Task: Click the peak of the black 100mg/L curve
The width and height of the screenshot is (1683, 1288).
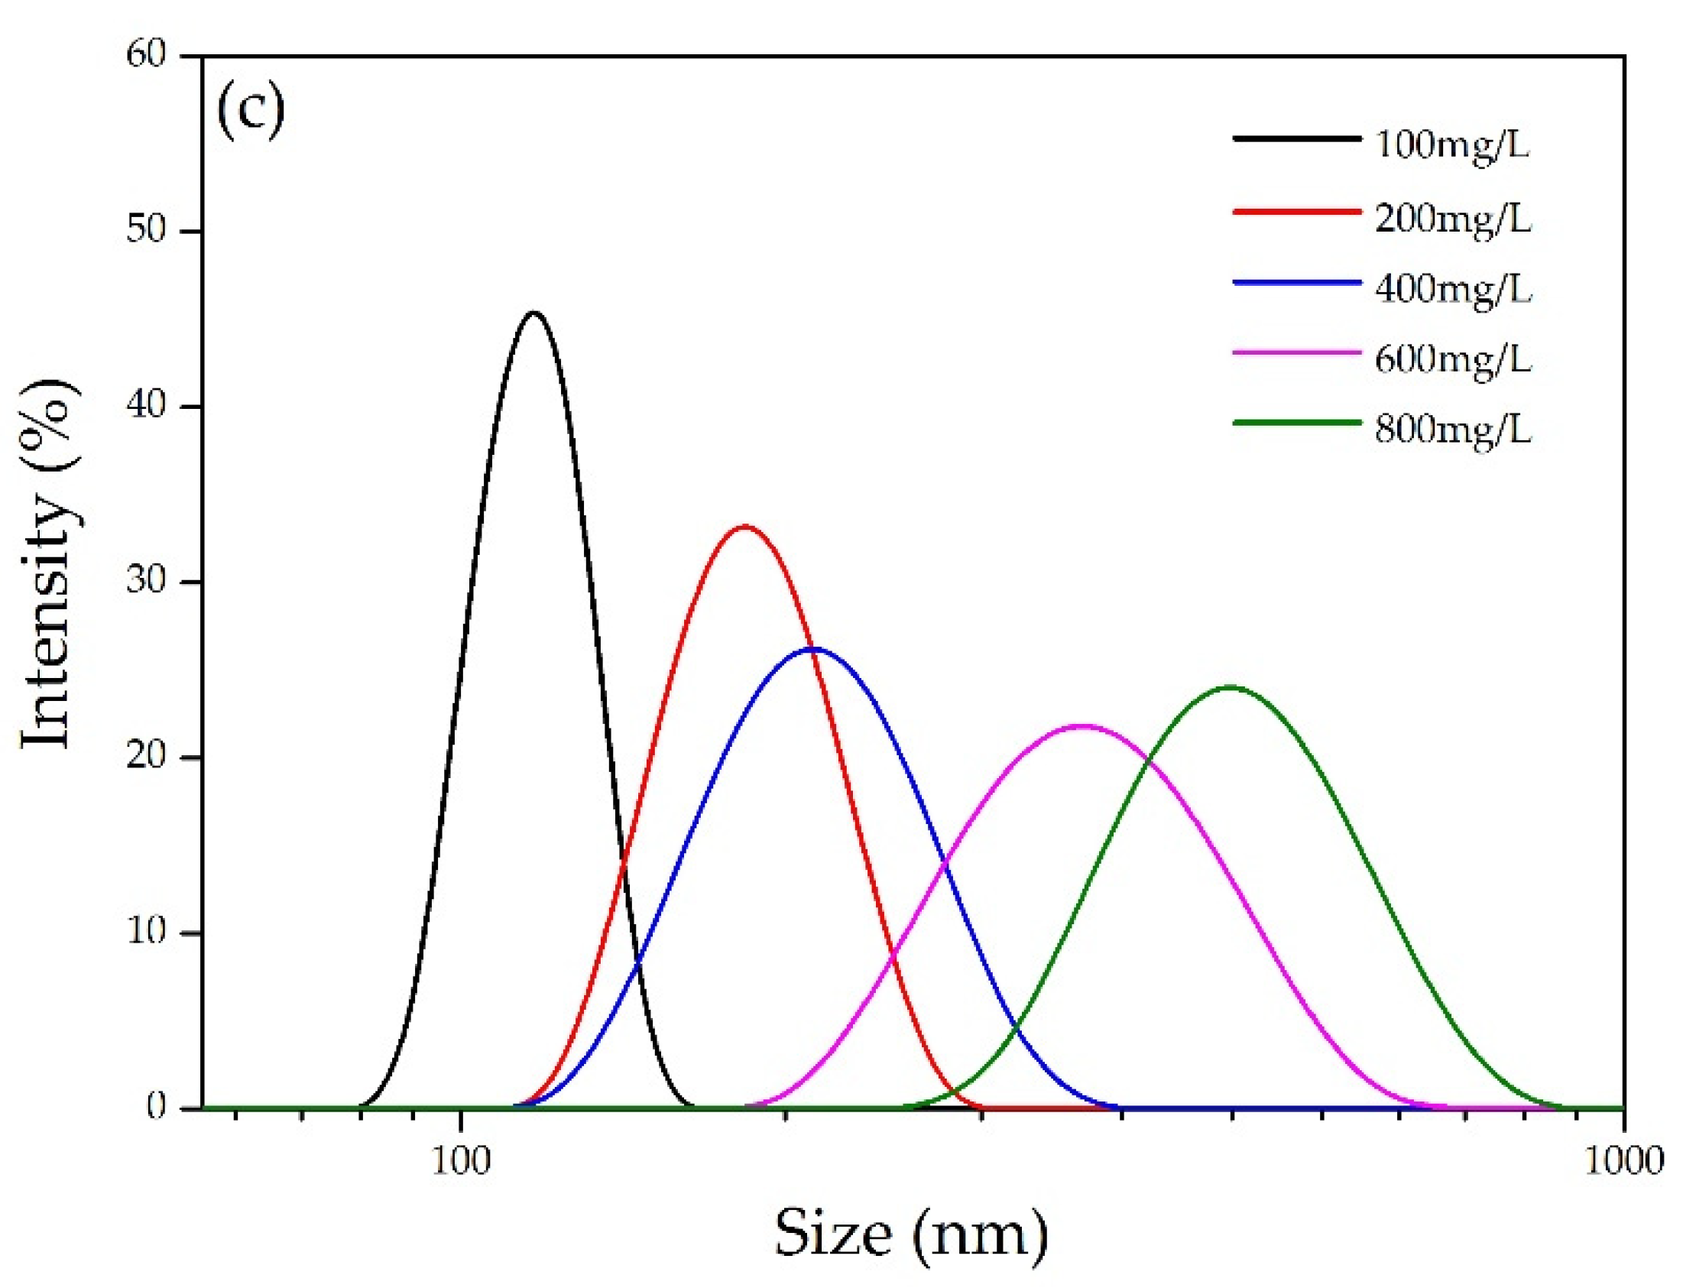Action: click(533, 313)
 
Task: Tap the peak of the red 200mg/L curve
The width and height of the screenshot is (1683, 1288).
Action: click(744, 526)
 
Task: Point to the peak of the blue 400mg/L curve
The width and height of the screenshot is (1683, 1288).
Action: click(814, 649)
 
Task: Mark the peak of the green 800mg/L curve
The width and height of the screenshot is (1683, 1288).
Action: click(1231, 687)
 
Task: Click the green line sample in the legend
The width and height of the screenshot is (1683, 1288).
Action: click(1297, 422)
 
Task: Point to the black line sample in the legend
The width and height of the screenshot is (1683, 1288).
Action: click(1297, 139)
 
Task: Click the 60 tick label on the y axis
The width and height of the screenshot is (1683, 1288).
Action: click(147, 56)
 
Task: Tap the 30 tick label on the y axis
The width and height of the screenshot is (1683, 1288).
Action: click(147, 582)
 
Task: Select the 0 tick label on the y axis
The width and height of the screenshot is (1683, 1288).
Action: click(157, 1107)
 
